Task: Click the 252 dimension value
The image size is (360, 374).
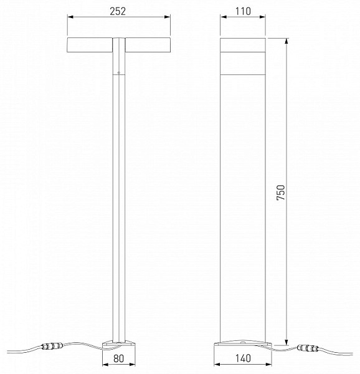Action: pyautogui.click(x=118, y=11)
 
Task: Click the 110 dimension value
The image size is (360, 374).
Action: pyautogui.click(x=243, y=11)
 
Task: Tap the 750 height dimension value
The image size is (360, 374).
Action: pyautogui.click(x=281, y=192)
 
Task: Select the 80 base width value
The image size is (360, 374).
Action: pyautogui.click(x=118, y=358)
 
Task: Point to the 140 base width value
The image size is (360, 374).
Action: pyautogui.click(x=243, y=358)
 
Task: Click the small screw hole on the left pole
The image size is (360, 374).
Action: pyautogui.click(x=118, y=72)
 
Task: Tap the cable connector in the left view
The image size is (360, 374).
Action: pyautogui.click(x=52, y=345)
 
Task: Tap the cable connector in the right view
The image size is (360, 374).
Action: pyautogui.click(x=308, y=348)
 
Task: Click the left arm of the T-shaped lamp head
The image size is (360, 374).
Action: pyautogui.click(x=90, y=45)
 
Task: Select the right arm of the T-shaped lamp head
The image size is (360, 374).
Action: pyautogui.click(x=148, y=45)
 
